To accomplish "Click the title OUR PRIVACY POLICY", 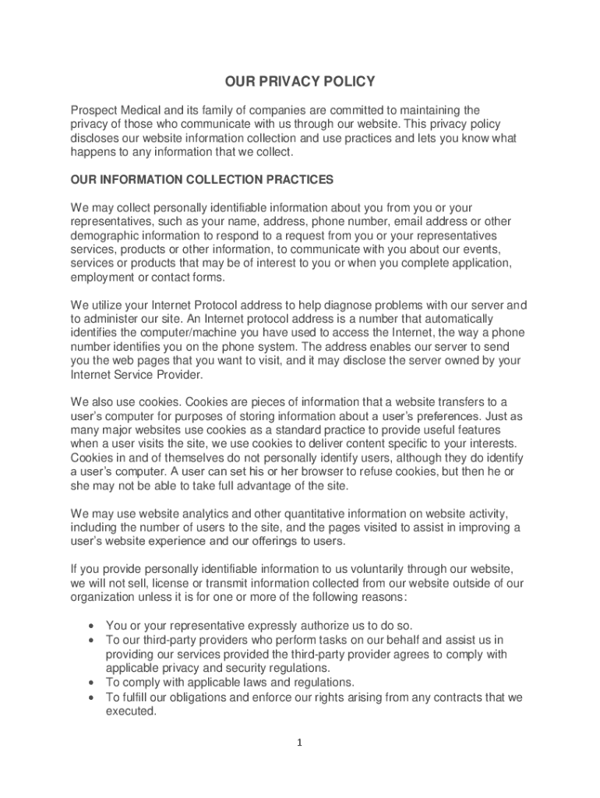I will click(300, 82).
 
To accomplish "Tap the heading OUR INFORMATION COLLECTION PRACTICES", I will click(202, 180).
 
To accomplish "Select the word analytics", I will click(201, 514).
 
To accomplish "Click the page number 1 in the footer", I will click(299, 743).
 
